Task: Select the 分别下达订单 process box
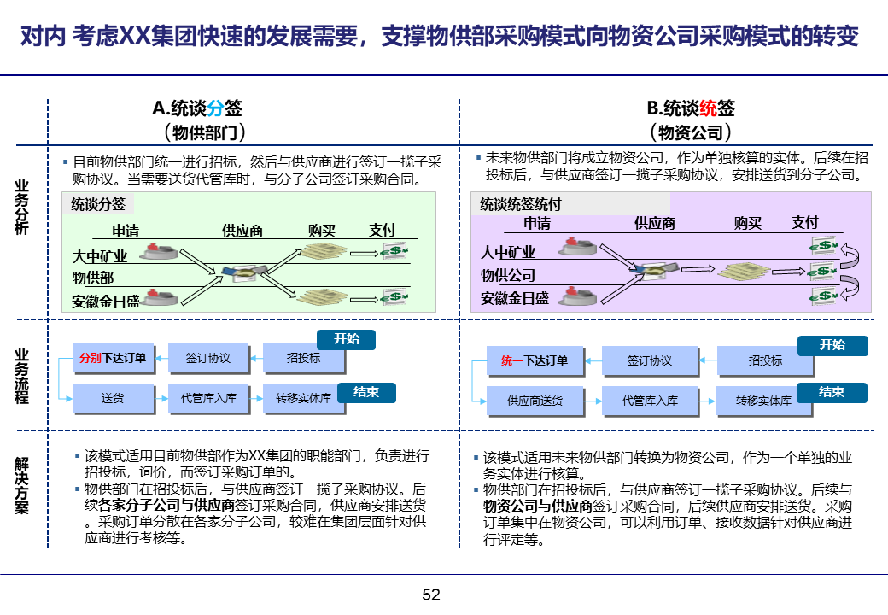pyautogui.click(x=114, y=359)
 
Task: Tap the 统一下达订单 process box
pyautogui.click(x=535, y=361)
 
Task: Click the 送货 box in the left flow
pyautogui.click(x=114, y=398)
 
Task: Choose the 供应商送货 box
pyautogui.click(x=535, y=401)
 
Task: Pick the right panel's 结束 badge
pyautogui.click(x=832, y=392)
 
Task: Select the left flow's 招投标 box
pyautogui.click(x=304, y=359)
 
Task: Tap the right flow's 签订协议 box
pyautogui.click(x=650, y=361)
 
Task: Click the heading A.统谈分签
pyautogui.click(x=197, y=108)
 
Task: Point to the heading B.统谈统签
pyautogui.click(x=691, y=108)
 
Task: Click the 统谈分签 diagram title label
pyautogui.click(x=99, y=204)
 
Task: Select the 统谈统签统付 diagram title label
pyautogui.click(x=521, y=204)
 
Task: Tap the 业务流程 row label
pyautogui.click(x=22, y=376)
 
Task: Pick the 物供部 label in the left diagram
pyautogui.click(x=93, y=278)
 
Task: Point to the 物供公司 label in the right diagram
pyautogui.click(x=508, y=275)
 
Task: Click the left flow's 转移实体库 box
pyautogui.click(x=304, y=398)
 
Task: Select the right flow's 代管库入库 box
pyautogui.click(x=650, y=401)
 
